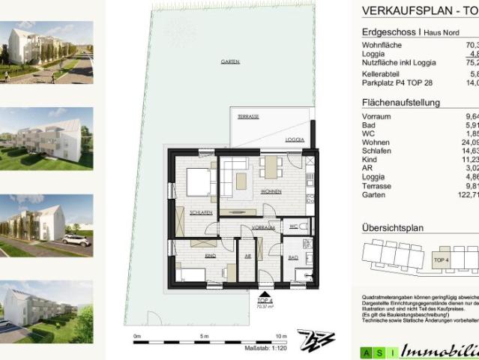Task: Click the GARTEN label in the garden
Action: point(220,61)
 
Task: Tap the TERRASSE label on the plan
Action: point(248,117)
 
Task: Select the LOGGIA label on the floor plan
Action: point(295,140)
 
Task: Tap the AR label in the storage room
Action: point(247,255)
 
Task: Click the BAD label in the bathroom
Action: point(292,257)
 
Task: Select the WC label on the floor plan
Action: point(293,226)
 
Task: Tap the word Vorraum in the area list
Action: point(376,116)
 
